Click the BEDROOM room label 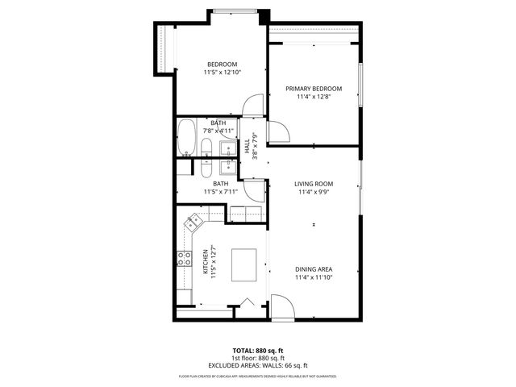(x=222, y=64)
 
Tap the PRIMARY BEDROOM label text (x=314, y=89)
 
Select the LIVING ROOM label (x=314, y=184)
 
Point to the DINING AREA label (x=314, y=269)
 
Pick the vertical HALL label (x=246, y=146)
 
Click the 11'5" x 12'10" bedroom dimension (x=222, y=73)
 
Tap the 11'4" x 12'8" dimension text (x=314, y=97)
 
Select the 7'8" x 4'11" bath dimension (x=218, y=130)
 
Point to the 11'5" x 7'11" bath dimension (x=219, y=192)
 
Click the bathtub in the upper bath (x=186, y=137)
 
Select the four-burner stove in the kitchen (x=183, y=260)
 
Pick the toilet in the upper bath (x=206, y=148)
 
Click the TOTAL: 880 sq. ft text (x=257, y=351)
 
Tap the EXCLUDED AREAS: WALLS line (x=257, y=365)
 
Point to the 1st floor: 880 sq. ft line (x=257, y=358)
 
